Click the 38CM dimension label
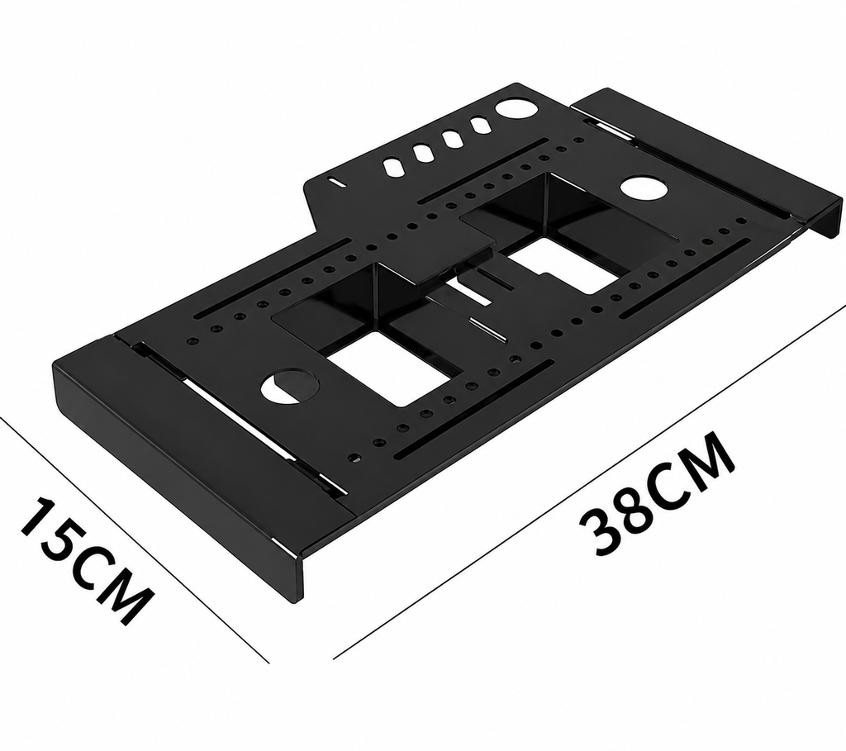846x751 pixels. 657,492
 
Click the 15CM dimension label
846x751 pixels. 84,561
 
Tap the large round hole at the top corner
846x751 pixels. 517,107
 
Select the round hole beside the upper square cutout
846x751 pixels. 644,188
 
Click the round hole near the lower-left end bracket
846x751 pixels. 290,385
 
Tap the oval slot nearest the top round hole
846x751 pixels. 479,126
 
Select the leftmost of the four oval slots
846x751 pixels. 392,166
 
